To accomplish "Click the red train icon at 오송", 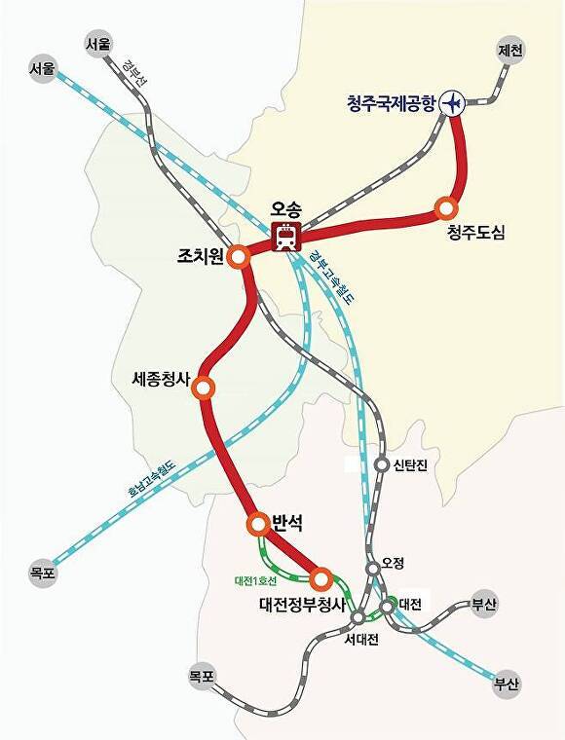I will [286, 237].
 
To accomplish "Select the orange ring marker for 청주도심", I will [446, 207].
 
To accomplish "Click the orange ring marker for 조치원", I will [240, 256].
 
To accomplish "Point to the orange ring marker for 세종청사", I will [204, 388].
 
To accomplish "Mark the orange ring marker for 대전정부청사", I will [320, 578].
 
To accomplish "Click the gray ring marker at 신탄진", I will [382, 464].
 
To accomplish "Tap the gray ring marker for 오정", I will [372, 568].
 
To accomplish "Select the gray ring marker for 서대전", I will [358, 616].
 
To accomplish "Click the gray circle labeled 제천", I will [510, 49].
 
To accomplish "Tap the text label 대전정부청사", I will [302, 604].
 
